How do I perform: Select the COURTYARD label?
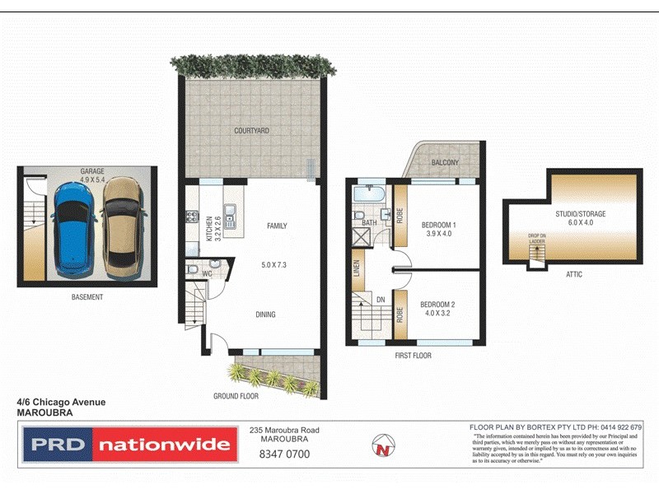click(251, 131)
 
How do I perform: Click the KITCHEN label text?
click(209, 227)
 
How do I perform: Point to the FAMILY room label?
click(276, 226)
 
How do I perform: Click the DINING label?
click(265, 315)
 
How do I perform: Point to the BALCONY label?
click(445, 163)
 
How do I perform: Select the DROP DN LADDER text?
click(538, 239)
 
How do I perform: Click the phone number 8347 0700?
click(284, 454)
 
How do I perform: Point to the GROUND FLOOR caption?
click(236, 396)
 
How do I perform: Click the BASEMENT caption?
click(87, 297)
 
